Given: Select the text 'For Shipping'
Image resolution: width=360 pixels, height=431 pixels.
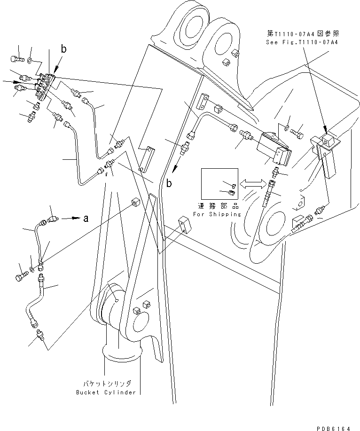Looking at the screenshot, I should tap(217, 214).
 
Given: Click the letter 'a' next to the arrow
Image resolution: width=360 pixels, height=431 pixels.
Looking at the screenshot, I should tap(85, 218).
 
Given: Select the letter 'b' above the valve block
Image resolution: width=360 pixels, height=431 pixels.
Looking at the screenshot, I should tap(63, 48).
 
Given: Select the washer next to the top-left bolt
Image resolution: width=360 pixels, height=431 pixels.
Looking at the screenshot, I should tap(30, 60).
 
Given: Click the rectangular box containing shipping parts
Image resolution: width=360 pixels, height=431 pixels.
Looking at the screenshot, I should tap(218, 184).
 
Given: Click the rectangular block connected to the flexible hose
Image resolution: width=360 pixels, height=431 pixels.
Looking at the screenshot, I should tap(273, 149).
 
